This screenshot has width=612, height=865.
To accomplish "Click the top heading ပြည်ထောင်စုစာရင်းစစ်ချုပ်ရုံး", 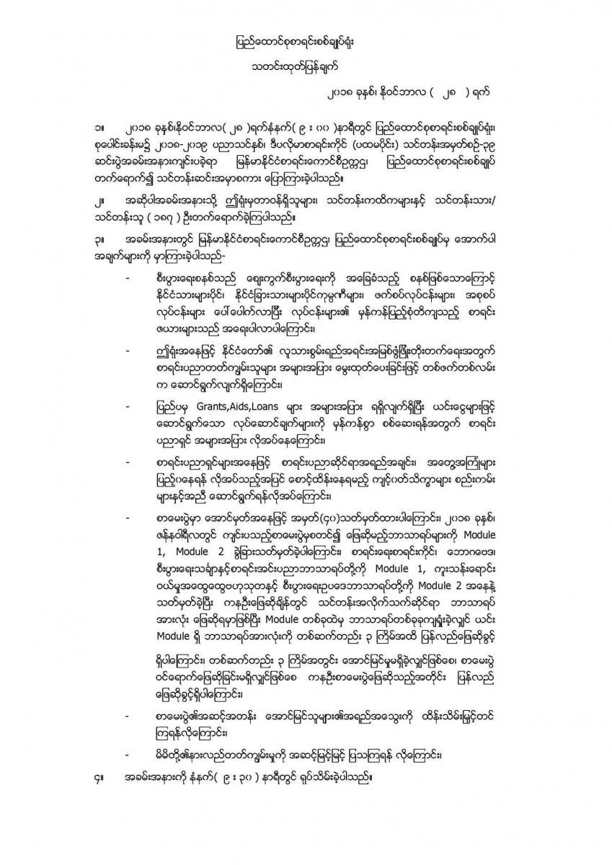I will tap(306, 41).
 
